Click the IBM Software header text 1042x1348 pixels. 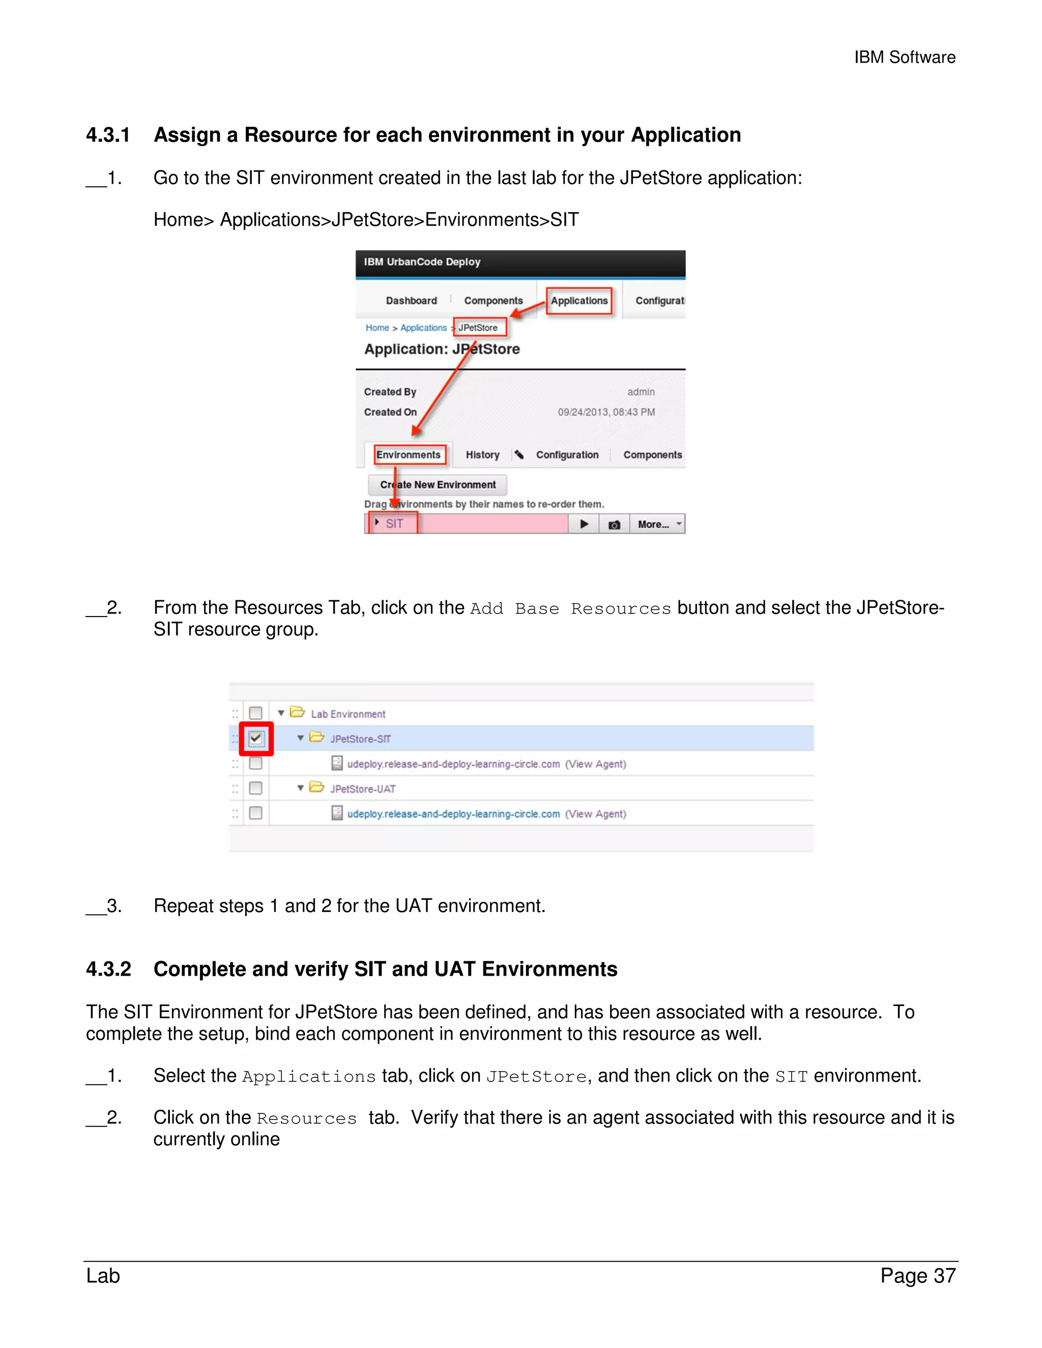tap(904, 57)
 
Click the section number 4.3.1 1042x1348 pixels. tap(108, 135)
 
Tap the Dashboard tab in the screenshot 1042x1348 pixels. tap(411, 301)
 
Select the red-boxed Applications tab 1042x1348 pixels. tap(579, 301)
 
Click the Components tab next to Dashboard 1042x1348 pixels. tap(493, 301)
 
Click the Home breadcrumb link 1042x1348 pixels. tap(377, 328)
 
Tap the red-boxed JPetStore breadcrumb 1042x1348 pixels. tap(478, 328)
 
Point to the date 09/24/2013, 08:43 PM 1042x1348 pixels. tap(606, 413)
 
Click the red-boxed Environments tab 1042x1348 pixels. tap(409, 455)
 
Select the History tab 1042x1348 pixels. tap(482, 455)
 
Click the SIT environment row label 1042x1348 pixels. tap(394, 524)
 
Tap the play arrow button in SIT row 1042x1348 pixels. tap(584, 524)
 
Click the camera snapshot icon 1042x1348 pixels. tap(614, 524)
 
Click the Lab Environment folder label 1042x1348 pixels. tap(348, 714)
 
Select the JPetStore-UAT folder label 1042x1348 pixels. tap(362, 789)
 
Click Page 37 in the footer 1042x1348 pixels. tap(918, 1275)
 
